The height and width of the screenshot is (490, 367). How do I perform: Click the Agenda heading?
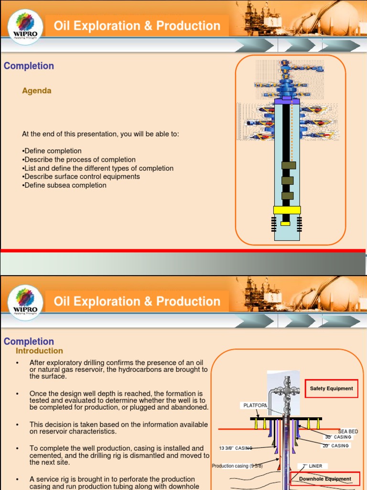[x=37, y=91]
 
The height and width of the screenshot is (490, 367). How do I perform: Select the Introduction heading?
[x=39, y=351]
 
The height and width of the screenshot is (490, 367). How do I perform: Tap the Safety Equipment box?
[x=331, y=389]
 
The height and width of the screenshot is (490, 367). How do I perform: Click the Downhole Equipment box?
[x=325, y=479]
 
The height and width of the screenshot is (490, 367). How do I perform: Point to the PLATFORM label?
[x=255, y=406]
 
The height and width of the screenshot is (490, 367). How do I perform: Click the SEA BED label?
[x=348, y=432]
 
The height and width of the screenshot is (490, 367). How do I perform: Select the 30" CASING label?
[x=338, y=437]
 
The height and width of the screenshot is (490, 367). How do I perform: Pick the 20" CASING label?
[x=335, y=446]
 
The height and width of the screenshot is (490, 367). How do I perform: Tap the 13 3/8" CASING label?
[x=236, y=448]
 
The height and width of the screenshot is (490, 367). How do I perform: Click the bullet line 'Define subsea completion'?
[x=64, y=185]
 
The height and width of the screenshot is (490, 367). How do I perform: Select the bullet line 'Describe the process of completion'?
[x=79, y=159]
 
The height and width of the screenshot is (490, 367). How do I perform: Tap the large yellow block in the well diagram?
[x=287, y=210]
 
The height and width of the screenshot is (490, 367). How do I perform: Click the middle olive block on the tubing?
[x=287, y=180]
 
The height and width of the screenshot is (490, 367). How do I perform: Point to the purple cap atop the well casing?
[x=287, y=101]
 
